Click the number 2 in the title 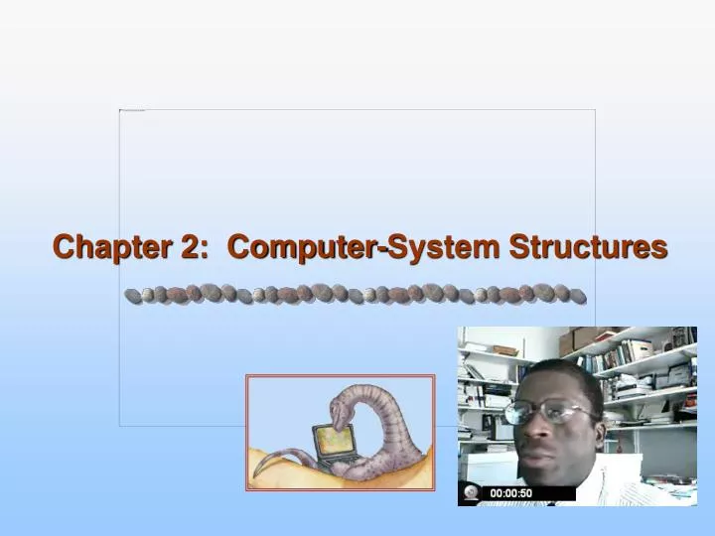click(x=190, y=247)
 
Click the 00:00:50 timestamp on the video click(x=510, y=493)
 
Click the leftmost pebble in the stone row click(x=132, y=295)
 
